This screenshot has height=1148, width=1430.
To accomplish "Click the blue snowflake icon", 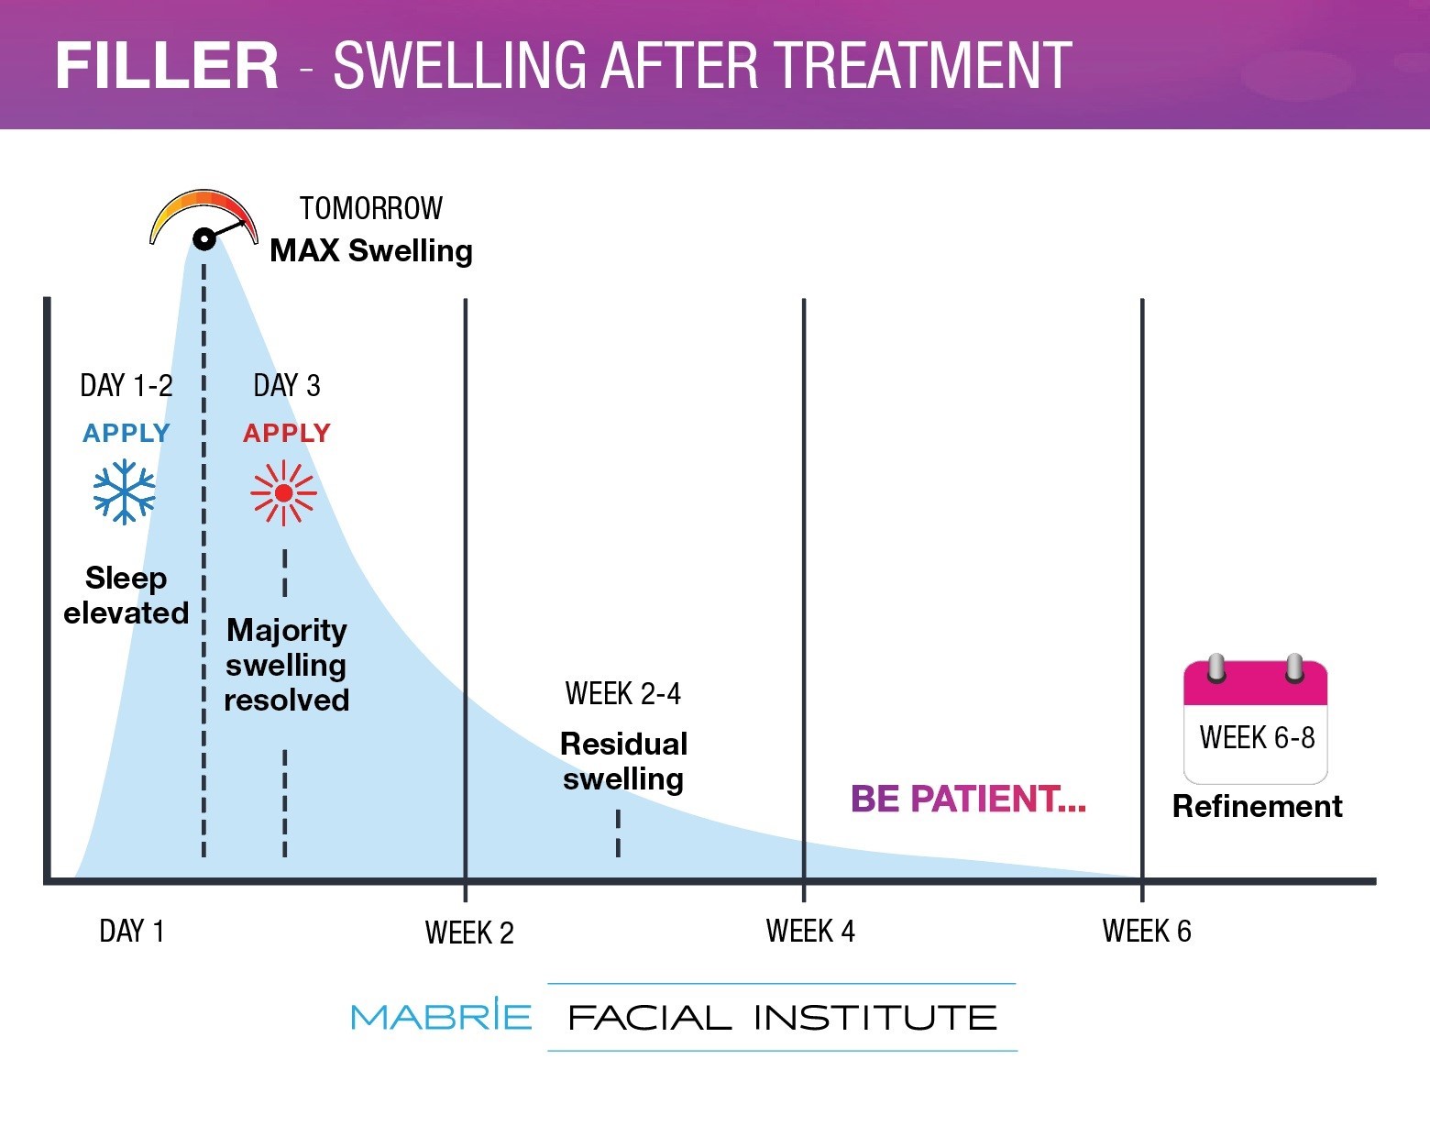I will [125, 493].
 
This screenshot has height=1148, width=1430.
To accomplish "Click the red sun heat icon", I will [284, 493].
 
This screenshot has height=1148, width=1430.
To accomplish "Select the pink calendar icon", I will [1256, 720].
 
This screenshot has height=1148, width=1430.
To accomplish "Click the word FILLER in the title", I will [167, 65].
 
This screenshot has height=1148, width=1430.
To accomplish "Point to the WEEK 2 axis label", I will [469, 933].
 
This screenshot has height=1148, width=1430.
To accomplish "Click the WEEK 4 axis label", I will [810, 932].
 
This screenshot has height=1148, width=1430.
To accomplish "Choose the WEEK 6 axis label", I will [1147, 932].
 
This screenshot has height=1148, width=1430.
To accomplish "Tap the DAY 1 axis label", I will [132, 932].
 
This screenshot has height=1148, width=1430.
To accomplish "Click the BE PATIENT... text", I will [968, 799].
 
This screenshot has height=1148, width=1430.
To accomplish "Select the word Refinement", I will [1257, 806].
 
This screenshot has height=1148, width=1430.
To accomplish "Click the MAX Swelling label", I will [371, 250].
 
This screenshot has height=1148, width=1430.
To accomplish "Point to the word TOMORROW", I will [371, 209].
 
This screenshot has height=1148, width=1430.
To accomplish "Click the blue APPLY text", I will [126, 433].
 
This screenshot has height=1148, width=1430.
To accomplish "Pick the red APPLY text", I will [287, 433].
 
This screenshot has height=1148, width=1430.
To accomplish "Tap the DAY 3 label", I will [287, 386].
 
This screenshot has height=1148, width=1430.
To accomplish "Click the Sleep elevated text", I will [126, 595].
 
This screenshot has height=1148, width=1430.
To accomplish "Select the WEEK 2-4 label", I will [623, 694].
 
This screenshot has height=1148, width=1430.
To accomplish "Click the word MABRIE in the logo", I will [441, 1016].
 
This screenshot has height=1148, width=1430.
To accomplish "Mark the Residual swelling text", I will [623, 761].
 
